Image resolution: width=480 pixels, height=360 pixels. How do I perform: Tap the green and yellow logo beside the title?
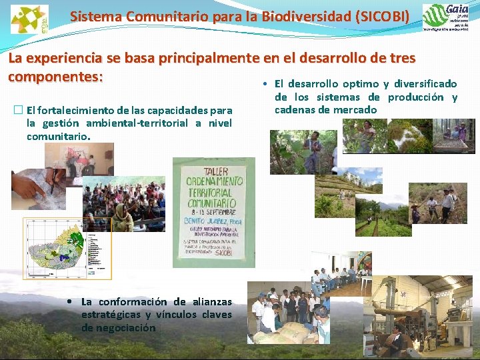29,19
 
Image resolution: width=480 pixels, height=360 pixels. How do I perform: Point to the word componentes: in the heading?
55,76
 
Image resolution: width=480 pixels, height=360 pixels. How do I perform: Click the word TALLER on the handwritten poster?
213,168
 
